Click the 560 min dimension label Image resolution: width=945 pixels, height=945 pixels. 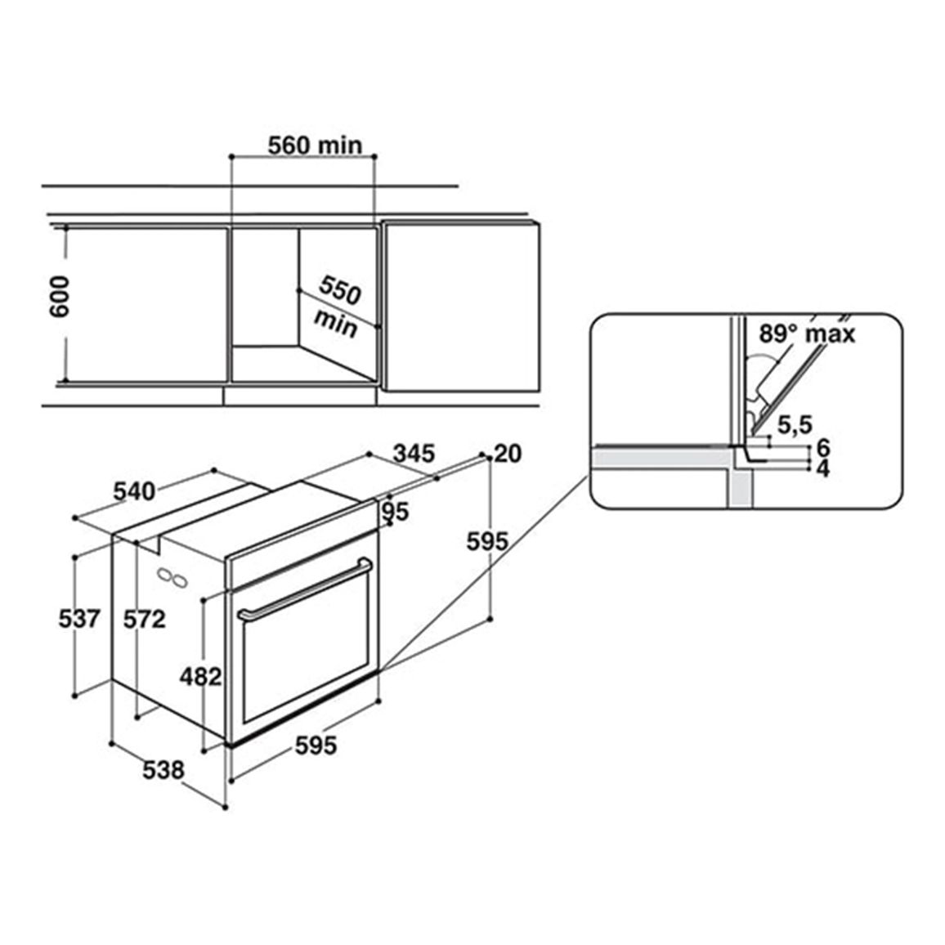click(x=315, y=146)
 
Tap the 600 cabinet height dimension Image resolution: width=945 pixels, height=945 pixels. click(x=60, y=297)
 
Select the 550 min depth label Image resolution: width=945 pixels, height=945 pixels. click(x=338, y=307)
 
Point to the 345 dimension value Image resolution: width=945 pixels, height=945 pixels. click(x=414, y=453)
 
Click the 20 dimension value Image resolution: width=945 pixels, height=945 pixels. click(x=508, y=454)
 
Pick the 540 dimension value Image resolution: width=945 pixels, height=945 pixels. click(x=134, y=492)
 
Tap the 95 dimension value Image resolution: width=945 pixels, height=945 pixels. click(x=396, y=512)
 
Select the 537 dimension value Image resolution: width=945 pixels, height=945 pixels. click(x=79, y=619)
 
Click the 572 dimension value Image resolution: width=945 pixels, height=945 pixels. click(x=144, y=619)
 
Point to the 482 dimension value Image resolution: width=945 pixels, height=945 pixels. click(x=201, y=677)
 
